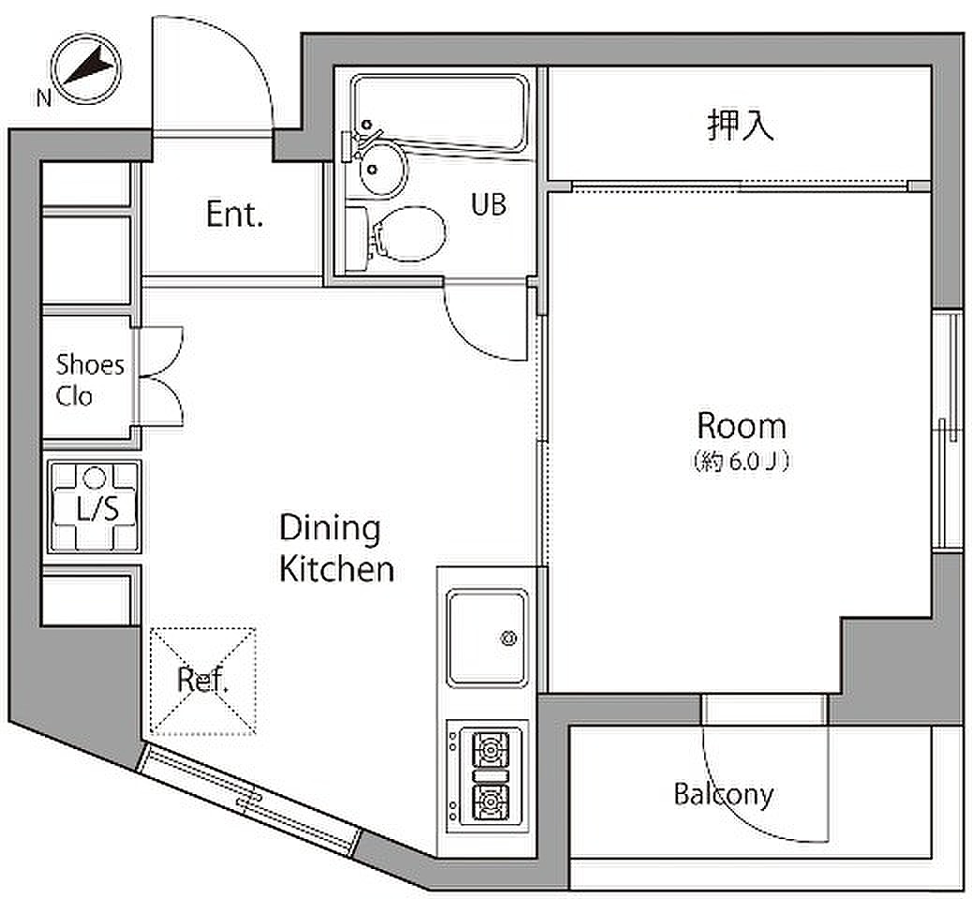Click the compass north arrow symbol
tap(86, 68)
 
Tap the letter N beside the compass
tap(43, 98)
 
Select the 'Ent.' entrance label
tap(234, 214)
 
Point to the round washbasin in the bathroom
tap(381, 169)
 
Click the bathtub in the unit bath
tap(440, 112)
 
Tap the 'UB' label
tap(489, 204)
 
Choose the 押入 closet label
tap(741, 125)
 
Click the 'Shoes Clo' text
tap(89, 380)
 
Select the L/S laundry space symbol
tap(95, 507)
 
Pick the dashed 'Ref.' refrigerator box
tap(202, 682)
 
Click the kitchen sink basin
tap(488, 639)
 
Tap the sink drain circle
tap(508, 638)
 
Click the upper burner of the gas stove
tap(491, 750)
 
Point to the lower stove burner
tap(491, 803)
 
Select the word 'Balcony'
tap(724, 795)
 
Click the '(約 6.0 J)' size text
tap(741, 462)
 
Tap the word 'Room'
tap(742, 426)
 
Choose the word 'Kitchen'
tap(336, 569)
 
